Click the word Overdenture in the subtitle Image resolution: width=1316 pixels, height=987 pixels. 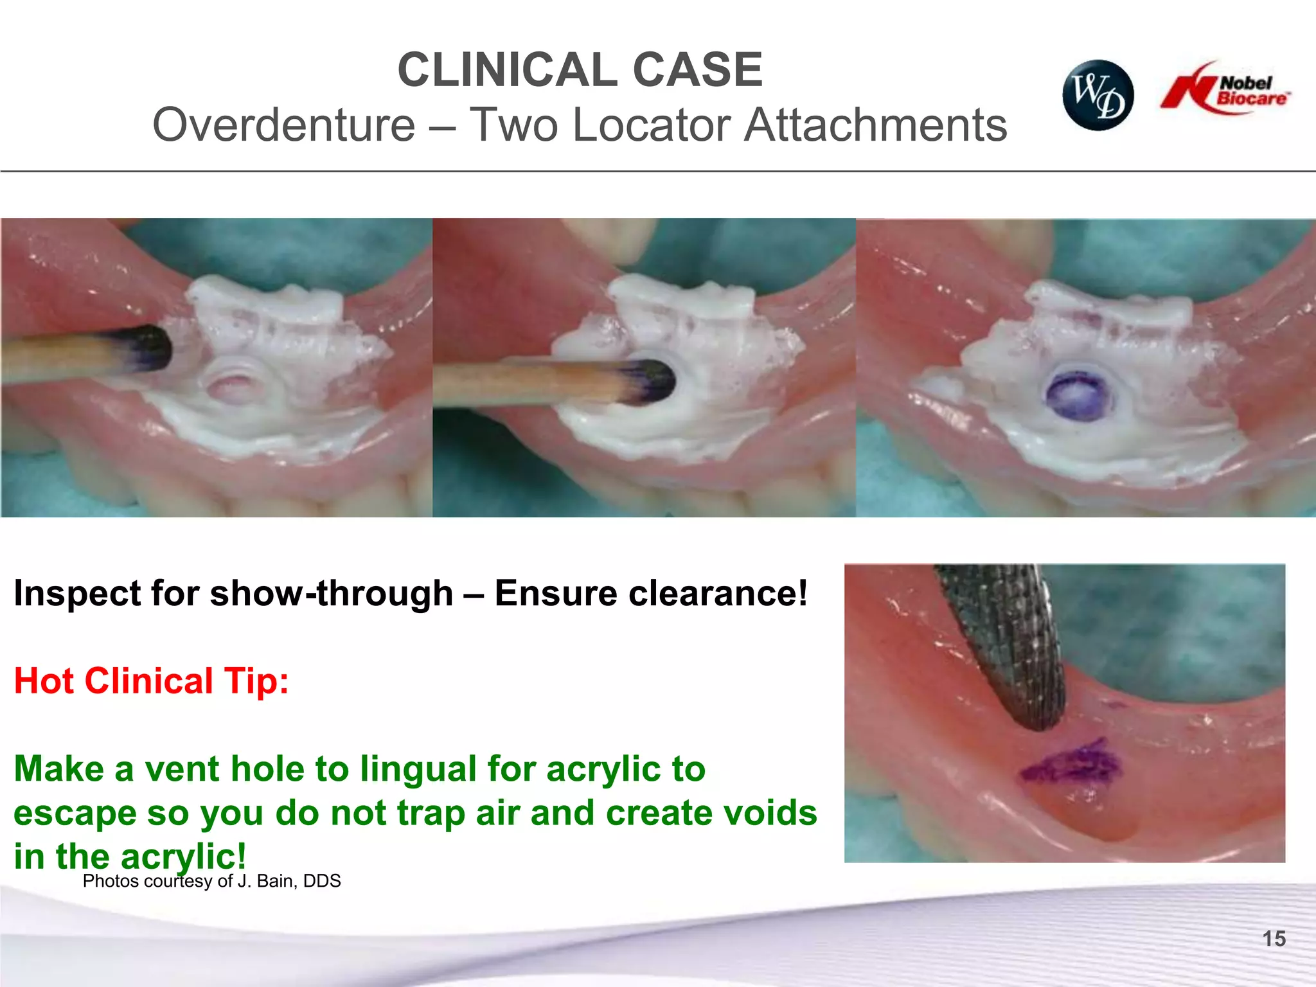pyautogui.click(x=283, y=125)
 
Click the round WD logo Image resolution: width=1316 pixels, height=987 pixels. pyautogui.click(x=1098, y=95)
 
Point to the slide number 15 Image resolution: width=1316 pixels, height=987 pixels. pyautogui.click(x=1274, y=939)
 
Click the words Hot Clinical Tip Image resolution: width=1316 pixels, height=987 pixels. pyautogui.click(x=151, y=680)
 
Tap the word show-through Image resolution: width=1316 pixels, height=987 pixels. pyautogui.click(x=332, y=592)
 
